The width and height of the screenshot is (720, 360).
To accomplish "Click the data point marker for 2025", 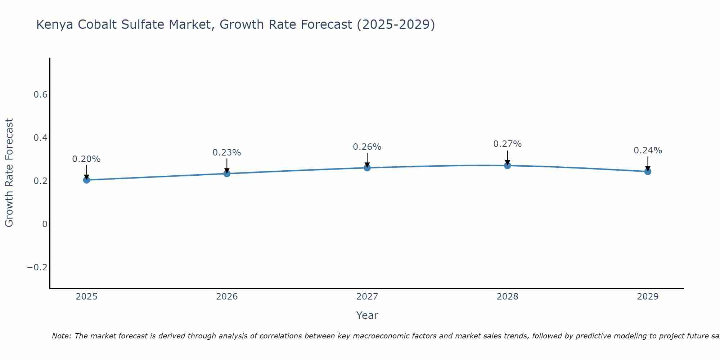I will [86, 180].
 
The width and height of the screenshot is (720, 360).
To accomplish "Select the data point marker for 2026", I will [227, 174].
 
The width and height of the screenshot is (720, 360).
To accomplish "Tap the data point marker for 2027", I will [367, 167].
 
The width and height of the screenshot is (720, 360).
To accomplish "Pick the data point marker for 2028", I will [507, 166].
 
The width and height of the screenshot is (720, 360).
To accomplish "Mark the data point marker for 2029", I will [648, 171].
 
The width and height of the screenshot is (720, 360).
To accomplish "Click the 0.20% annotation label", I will [86, 159].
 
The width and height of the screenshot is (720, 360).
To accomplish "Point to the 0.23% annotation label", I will [227, 153].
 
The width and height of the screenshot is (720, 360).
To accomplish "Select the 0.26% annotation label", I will [367, 147].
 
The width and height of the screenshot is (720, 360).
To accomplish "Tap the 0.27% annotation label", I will [507, 144].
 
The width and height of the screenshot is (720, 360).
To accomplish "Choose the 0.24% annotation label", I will [648, 150].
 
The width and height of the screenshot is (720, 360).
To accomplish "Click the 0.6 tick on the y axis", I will [40, 95].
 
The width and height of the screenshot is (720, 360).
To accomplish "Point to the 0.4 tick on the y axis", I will [40, 138].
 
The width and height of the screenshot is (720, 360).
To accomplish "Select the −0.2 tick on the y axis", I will [37, 267].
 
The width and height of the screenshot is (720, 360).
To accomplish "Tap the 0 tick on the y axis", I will [45, 224].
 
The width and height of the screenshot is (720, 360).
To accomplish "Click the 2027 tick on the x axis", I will [367, 297].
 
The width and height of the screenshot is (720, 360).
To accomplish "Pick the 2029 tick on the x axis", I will [648, 297].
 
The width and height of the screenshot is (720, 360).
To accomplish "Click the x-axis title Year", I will [367, 315].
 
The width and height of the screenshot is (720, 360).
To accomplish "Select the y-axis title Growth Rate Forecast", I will [9, 173].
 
